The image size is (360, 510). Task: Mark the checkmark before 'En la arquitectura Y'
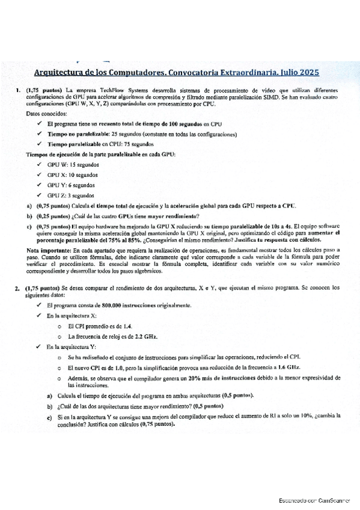(x=40, y=346)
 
